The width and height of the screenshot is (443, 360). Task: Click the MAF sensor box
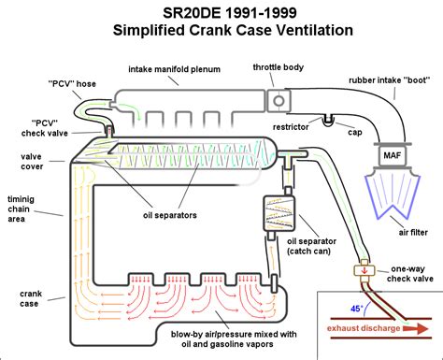pos(393,152)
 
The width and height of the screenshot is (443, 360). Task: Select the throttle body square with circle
pos(278,101)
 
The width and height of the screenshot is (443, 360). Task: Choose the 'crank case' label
pos(22,298)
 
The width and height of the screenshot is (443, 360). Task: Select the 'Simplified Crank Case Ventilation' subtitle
pos(220,30)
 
